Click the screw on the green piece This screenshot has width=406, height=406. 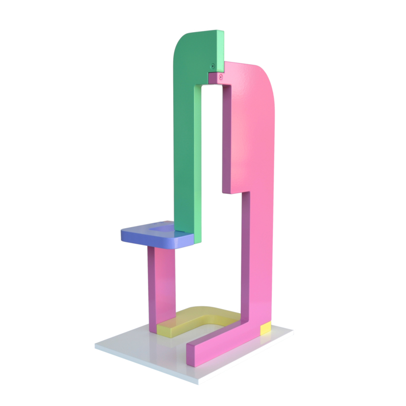pyautogui.click(x=213, y=66)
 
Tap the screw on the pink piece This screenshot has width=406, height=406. pyautogui.click(x=220, y=76)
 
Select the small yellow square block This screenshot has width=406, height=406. pyautogui.click(x=266, y=329)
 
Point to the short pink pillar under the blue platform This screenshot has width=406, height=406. pyautogui.click(x=161, y=287)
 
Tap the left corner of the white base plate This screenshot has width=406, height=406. pyautogui.click(x=96, y=346)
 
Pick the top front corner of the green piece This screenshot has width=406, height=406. pyautogui.click(x=222, y=32)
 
